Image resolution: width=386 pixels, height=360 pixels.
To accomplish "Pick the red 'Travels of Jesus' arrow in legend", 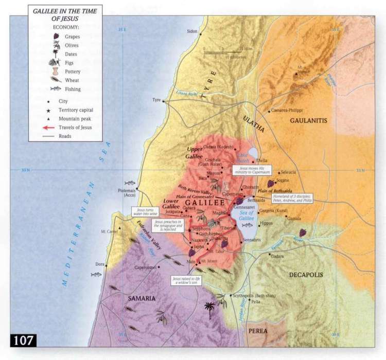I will tap(50, 127).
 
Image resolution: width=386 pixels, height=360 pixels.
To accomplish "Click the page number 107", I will tap(23, 340).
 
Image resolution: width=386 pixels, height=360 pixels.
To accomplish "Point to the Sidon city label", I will tap(192, 31).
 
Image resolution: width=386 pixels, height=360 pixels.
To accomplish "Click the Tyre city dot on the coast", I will tap(164, 101).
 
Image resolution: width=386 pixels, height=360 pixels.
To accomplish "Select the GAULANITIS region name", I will tap(309, 120).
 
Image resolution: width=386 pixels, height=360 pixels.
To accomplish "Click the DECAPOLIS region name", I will tap(306, 275).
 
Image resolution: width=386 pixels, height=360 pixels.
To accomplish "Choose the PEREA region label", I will tap(258, 331).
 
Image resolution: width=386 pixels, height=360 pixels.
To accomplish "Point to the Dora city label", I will tap(99, 265).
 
